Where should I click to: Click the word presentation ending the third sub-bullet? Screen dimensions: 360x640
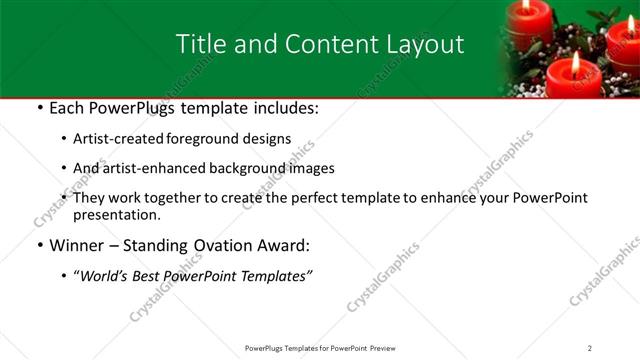tap(115, 214)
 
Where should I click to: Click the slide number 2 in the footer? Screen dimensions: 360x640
tap(590, 348)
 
